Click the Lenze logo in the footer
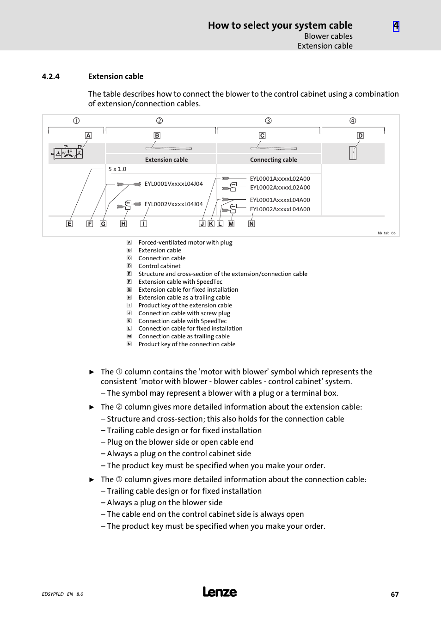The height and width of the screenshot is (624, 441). click(220, 592)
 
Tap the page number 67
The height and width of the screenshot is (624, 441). click(394, 594)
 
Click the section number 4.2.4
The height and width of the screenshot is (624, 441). click(50, 77)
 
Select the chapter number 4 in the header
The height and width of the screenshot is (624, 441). click(396, 26)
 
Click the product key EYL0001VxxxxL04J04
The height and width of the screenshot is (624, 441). click(173, 184)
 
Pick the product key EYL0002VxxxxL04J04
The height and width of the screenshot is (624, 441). click(173, 204)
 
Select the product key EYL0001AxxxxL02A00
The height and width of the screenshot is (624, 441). click(280, 179)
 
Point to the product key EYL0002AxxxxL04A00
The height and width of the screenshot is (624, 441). click(280, 209)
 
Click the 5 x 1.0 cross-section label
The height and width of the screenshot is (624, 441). click(117, 169)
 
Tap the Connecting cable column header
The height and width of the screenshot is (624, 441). click(273, 160)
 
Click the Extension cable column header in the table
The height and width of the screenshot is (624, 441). click(166, 160)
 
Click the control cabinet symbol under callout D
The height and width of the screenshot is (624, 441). click(353, 153)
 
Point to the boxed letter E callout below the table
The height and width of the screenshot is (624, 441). click(69, 224)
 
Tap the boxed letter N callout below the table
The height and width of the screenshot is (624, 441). click(251, 224)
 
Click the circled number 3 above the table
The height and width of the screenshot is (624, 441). click(268, 121)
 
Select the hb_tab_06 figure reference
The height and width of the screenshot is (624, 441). click(386, 233)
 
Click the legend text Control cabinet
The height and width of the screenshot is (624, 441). click(159, 266)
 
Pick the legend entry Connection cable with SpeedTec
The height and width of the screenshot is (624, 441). click(183, 321)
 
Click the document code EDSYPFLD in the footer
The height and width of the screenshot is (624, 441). click(53, 594)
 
